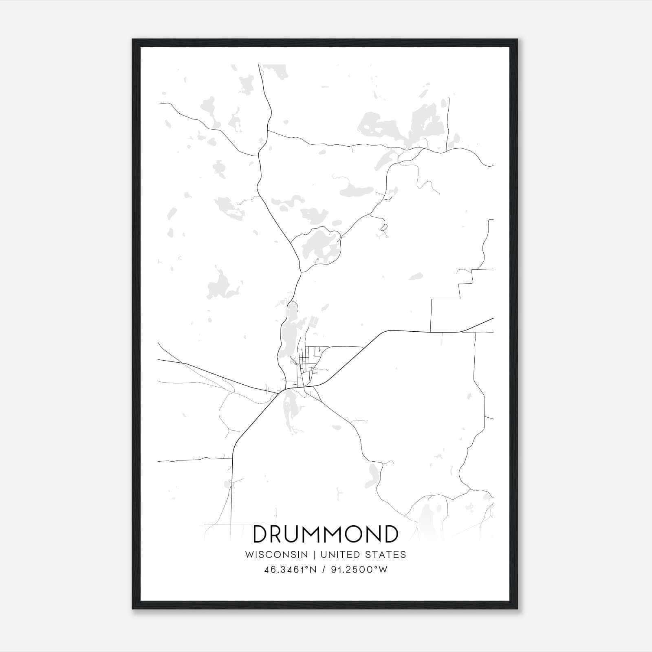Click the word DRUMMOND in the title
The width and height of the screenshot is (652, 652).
click(x=325, y=534)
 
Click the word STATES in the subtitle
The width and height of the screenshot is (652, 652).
click(x=385, y=555)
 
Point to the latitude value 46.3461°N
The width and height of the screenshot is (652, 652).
click(x=291, y=570)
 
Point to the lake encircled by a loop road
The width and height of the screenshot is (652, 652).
click(x=320, y=247)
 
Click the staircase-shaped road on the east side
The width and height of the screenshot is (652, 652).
click(x=460, y=285)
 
